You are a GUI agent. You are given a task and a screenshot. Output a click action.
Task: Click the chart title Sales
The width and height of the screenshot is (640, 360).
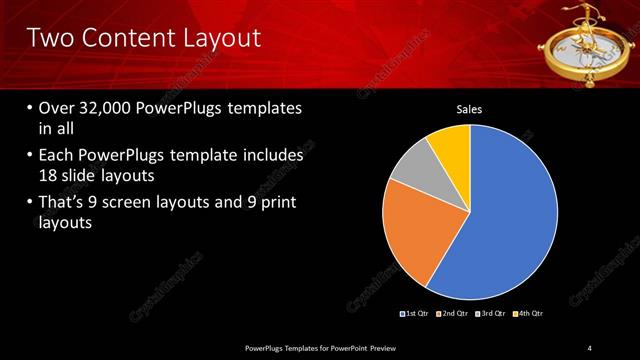(x=470, y=109)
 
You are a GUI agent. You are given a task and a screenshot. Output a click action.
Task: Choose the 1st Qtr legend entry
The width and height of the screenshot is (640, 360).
(x=415, y=314)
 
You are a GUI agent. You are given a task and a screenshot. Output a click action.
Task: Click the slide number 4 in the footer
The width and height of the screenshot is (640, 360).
(x=589, y=347)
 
